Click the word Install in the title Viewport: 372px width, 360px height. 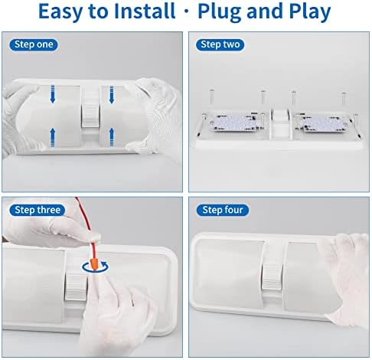[145, 11]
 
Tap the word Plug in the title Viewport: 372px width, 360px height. [220, 12]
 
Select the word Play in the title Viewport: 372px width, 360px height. [310, 12]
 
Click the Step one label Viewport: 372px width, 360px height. [34, 44]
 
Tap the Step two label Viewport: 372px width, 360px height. [220, 44]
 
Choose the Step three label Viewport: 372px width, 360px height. [38, 210]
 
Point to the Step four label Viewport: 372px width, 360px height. [222, 210]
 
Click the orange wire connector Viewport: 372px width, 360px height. [94, 264]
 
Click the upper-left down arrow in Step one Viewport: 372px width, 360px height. [53, 94]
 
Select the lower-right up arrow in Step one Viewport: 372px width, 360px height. [112, 137]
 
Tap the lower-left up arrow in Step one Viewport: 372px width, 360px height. [53, 137]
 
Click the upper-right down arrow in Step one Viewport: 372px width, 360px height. [112, 94]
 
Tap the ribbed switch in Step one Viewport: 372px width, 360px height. [90, 116]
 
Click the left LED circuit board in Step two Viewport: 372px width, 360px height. [233, 122]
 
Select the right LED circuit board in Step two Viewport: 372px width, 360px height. [323, 123]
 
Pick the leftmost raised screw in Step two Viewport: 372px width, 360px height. [211, 97]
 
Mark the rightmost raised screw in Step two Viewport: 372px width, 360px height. [344, 98]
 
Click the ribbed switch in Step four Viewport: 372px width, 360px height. [272, 277]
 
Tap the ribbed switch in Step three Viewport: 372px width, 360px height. [76, 286]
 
